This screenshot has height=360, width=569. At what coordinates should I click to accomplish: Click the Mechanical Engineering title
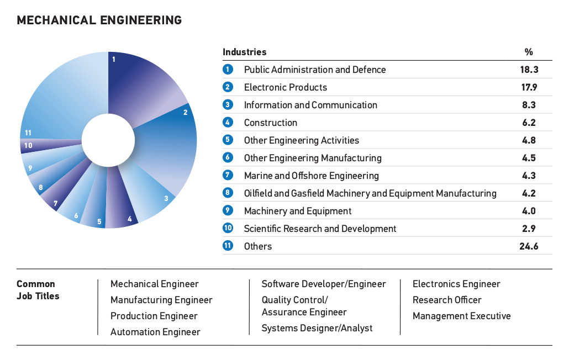coord(99,20)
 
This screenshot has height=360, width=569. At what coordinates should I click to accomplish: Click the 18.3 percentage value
coord(529,70)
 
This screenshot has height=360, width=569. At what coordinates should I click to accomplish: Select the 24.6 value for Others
coord(529,246)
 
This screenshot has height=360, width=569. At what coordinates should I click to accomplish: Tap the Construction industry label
coord(271,123)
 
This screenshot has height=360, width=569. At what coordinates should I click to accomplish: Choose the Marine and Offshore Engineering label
coord(312,176)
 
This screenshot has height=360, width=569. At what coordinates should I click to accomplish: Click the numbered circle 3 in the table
coord(228,105)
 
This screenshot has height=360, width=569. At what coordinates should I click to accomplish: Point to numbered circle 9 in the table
coord(228,211)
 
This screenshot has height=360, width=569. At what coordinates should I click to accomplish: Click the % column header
coord(529,52)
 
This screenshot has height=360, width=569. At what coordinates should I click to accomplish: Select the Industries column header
coord(245,52)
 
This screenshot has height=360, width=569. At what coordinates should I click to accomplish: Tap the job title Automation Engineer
coord(155,332)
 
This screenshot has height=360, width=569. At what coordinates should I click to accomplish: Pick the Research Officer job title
coord(447,300)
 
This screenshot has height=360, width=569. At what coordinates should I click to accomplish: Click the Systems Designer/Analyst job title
coord(317,328)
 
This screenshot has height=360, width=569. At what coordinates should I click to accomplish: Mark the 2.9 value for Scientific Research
coord(529,229)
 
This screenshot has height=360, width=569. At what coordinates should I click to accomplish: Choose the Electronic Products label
coord(286,87)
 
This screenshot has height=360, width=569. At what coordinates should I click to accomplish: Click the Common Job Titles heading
coord(38,290)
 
